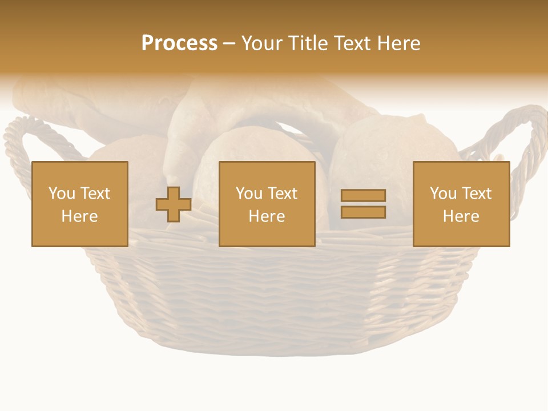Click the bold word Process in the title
point(179,43)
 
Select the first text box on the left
point(80,204)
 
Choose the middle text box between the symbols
point(267,204)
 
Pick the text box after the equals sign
point(461,204)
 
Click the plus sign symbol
point(174,204)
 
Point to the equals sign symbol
point(363,204)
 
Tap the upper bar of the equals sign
point(363,196)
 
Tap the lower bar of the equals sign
point(363,212)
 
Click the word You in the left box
point(61,194)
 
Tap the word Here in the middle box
point(267,216)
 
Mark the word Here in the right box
point(461,216)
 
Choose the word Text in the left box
point(95,194)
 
